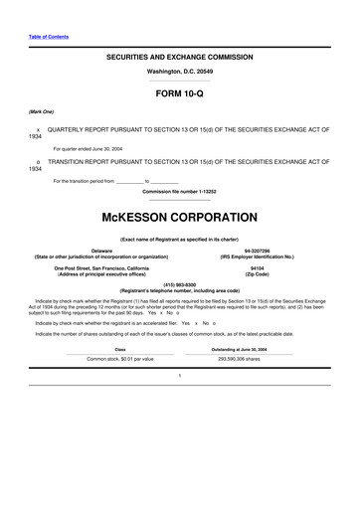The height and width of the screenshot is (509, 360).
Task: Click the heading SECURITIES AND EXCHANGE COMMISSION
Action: [179, 59]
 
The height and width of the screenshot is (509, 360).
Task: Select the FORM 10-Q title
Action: [179, 97]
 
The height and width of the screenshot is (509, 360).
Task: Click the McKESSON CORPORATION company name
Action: [179, 215]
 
